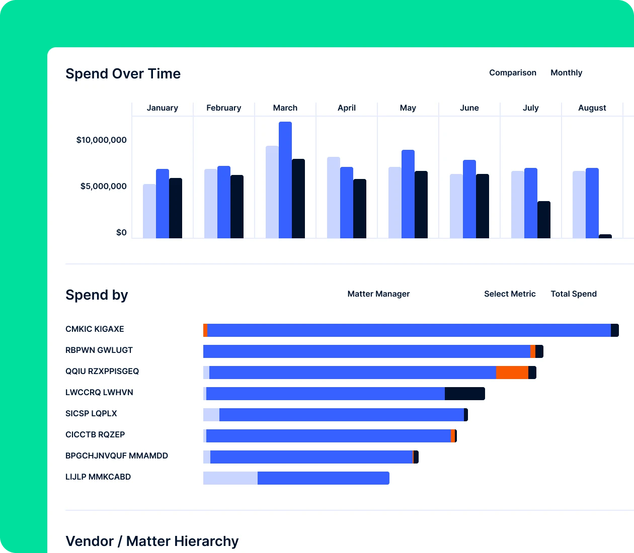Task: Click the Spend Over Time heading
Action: point(123,74)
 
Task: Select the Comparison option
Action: point(512,73)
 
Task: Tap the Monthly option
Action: point(566,73)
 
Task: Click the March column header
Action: point(285,108)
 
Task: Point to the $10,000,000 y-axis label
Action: point(101,140)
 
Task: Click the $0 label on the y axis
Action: point(121,233)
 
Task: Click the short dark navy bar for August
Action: point(605,236)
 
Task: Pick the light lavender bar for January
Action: point(149,211)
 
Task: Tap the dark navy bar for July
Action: point(544,220)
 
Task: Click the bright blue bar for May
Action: point(408,194)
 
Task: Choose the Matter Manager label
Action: point(378,294)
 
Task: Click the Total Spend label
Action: point(573,294)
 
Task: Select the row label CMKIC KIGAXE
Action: point(95,329)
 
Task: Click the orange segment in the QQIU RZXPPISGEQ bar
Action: point(512,373)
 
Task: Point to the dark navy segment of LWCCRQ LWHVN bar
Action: point(464,394)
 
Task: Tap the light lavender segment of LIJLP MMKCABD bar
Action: point(230,478)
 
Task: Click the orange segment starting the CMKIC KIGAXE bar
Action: point(205,330)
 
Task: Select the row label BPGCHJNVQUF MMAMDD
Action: point(117,456)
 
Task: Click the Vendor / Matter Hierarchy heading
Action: point(152,541)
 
